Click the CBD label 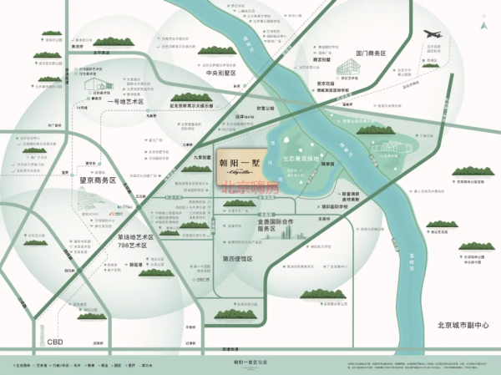coord(56,341)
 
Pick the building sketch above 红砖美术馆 coord(93,85)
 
